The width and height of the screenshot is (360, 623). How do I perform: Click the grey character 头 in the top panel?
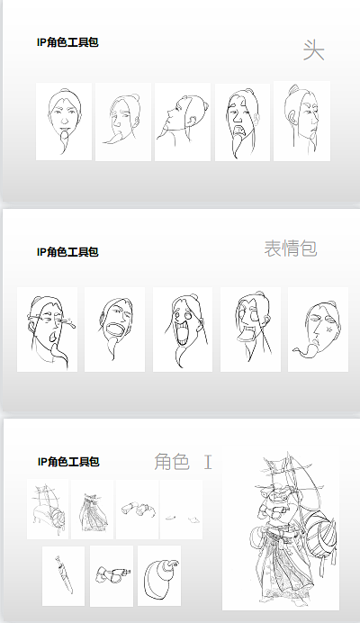(313, 50)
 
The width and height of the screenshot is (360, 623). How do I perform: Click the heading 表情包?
(290, 248)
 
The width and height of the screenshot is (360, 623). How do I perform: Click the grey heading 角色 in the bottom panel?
(172, 462)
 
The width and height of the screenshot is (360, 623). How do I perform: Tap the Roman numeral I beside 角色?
(208, 462)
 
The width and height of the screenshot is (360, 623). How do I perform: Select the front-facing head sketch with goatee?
(64, 122)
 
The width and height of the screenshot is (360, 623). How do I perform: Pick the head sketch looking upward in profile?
(183, 122)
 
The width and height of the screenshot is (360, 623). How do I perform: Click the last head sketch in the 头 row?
(301, 122)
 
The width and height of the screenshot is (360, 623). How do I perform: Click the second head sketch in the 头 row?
(123, 122)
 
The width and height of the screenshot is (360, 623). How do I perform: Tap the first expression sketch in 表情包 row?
(47, 330)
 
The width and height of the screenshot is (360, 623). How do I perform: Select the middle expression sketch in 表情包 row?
(182, 330)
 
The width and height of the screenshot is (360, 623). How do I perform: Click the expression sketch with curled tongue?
(318, 330)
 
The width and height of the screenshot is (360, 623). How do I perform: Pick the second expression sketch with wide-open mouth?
(114, 330)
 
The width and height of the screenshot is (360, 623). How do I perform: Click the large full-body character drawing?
(280, 530)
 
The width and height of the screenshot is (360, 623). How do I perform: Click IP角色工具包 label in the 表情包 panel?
(67, 252)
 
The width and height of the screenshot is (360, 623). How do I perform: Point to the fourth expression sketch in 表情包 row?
(250, 330)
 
